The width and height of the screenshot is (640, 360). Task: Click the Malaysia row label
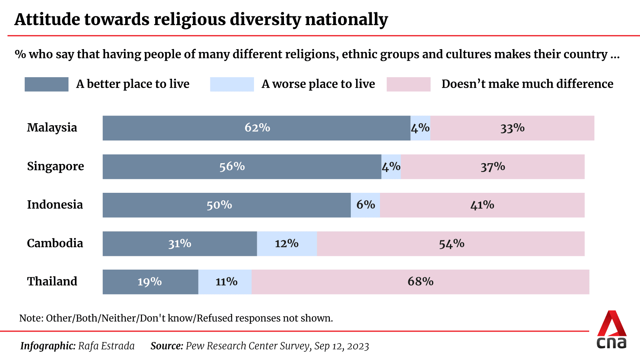[x=52, y=128]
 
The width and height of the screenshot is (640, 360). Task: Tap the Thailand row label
[x=52, y=282]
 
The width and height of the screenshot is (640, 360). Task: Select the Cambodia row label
[x=55, y=243]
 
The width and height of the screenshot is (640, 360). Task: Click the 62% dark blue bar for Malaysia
[x=256, y=128]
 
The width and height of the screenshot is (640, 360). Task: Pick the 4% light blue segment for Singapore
[x=391, y=166]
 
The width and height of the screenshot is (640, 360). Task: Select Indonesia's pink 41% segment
[x=482, y=205]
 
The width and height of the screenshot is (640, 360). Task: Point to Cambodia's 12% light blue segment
[x=287, y=244]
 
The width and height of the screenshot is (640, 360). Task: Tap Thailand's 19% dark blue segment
[x=150, y=282]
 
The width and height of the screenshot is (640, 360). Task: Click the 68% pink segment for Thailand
[x=420, y=282]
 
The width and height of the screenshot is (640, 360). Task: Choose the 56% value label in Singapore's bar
[x=232, y=166]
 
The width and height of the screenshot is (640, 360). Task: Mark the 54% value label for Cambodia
[x=452, y=244]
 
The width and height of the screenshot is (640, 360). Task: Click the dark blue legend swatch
[x=46, y=84]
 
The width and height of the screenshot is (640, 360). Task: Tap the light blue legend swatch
[x=232, y=84]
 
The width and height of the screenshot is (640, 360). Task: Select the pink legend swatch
[x=408, y=84]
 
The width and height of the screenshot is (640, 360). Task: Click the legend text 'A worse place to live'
[x=318, y=84]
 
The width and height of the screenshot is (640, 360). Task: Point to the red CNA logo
[x=612, y=329]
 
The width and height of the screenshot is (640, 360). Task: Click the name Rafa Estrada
[x=106, y=346]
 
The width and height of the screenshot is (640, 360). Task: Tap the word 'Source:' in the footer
[x=167, y=346]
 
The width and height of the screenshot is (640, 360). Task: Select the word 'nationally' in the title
[x=346, y=19]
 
